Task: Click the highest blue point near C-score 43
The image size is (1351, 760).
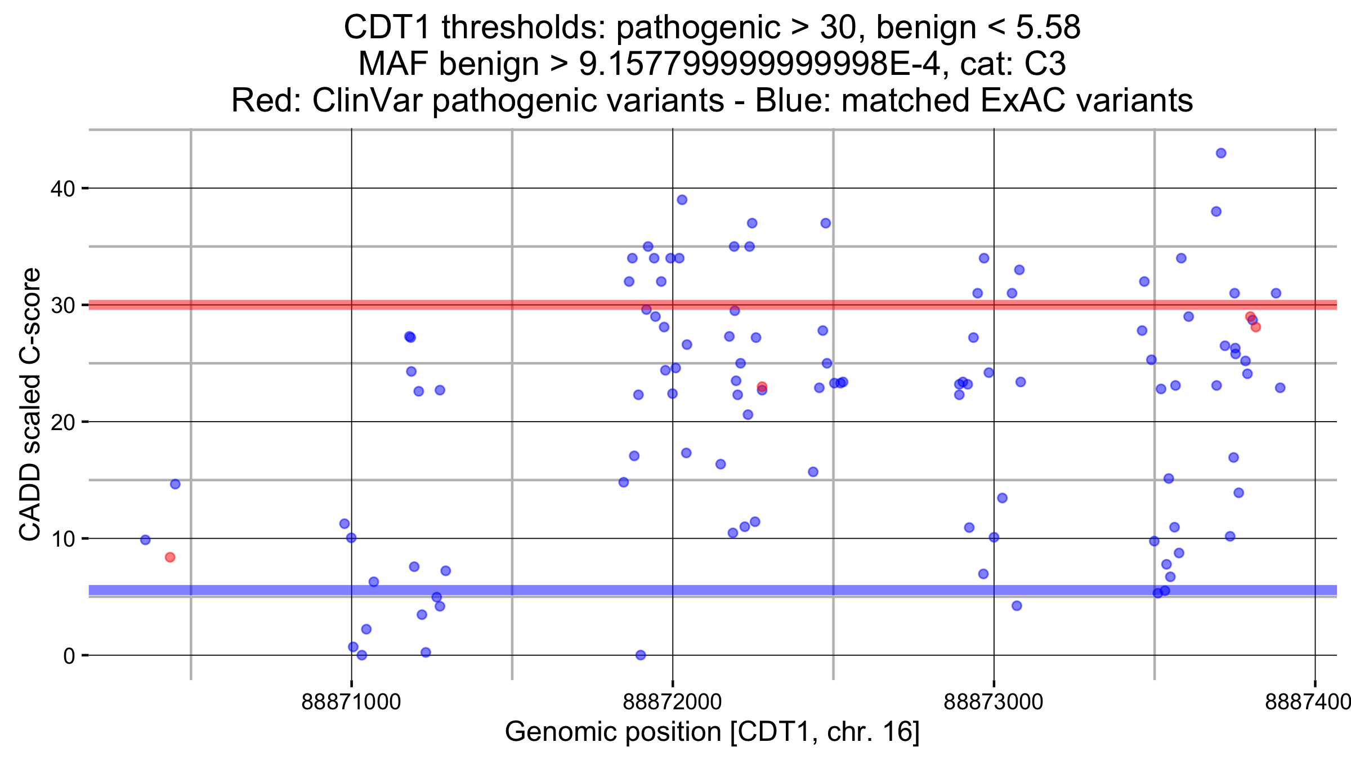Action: coord(1221,153)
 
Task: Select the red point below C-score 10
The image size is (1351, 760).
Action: coord(170,557)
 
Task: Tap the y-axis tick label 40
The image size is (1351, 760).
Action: coord(62,189)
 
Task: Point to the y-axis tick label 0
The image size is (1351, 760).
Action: coord(69,656)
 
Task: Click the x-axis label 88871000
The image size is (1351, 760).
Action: coord(351,702)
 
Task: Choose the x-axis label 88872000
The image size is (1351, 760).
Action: coord(672,702)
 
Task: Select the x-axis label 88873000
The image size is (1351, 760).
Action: coord(994,702)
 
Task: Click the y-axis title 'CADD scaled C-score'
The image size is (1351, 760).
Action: coord(30,404)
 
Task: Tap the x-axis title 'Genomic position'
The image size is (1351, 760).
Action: coord(612,732)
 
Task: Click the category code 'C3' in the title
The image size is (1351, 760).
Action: coord(1045,64)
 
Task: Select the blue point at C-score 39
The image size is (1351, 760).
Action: coord(682,200)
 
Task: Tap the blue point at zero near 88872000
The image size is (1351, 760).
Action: coord(641,655)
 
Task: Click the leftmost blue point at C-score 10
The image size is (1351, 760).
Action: coord(145,540)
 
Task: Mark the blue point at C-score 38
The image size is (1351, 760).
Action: coord(1216,212)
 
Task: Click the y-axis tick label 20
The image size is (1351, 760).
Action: coord(62,422)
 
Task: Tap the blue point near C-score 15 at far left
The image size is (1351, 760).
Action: coord(175,484)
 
